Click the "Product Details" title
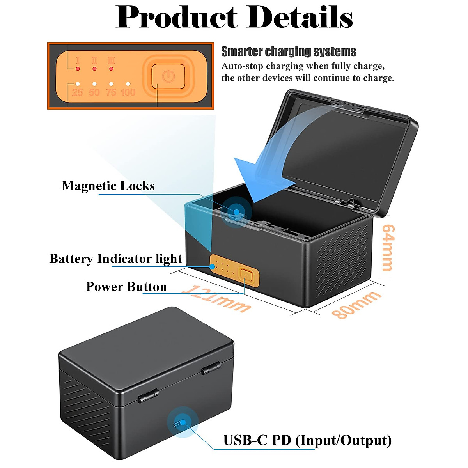click(x=234, y=18)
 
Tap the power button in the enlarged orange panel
click(x=168, y=76)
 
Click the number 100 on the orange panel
click(x=128, y=92)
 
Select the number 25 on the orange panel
click(x=77, y=92)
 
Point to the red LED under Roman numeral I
click(x=78, y=69)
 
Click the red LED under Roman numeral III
click(x=112, y=69)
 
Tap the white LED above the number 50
click(x=94, y=84)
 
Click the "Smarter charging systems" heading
click(x=289, y=51)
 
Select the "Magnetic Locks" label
click(x=108, y=186)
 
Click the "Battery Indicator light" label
click(x=116, y=259)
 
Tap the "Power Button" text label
click(x=126, y=287)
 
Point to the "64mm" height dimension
click(x=387, y=248)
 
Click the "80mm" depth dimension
click(x=356, y=304)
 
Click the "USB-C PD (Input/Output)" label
click(x=307, y=440)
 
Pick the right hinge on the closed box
click(x=211, y=368)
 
